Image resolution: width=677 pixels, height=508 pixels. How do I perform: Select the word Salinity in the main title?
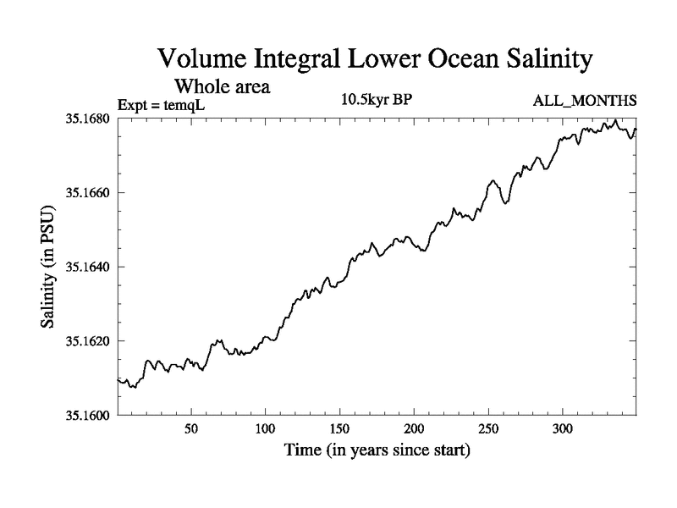point(535,60)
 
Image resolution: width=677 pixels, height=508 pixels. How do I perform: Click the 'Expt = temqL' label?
point(162,104)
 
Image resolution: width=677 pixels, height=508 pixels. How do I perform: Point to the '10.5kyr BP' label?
point(377,101)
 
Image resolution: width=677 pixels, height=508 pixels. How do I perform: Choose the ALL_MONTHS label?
point(584,102)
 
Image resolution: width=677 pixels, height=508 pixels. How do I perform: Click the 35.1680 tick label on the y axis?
point(87,119)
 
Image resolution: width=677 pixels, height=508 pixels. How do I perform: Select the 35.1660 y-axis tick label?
point(87,193)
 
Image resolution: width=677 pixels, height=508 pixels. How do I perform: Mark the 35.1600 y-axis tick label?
point(87,415)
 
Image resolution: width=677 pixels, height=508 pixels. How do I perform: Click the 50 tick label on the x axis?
point(191,429)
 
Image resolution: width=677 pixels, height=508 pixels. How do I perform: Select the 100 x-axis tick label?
point(266,429)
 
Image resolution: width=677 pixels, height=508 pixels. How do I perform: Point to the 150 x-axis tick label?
point(340,429)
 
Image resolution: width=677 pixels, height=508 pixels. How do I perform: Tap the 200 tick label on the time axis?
point(415,429)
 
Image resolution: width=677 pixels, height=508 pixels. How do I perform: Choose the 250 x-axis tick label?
point(488,429)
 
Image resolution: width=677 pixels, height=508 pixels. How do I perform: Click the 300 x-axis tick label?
point(563,429)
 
